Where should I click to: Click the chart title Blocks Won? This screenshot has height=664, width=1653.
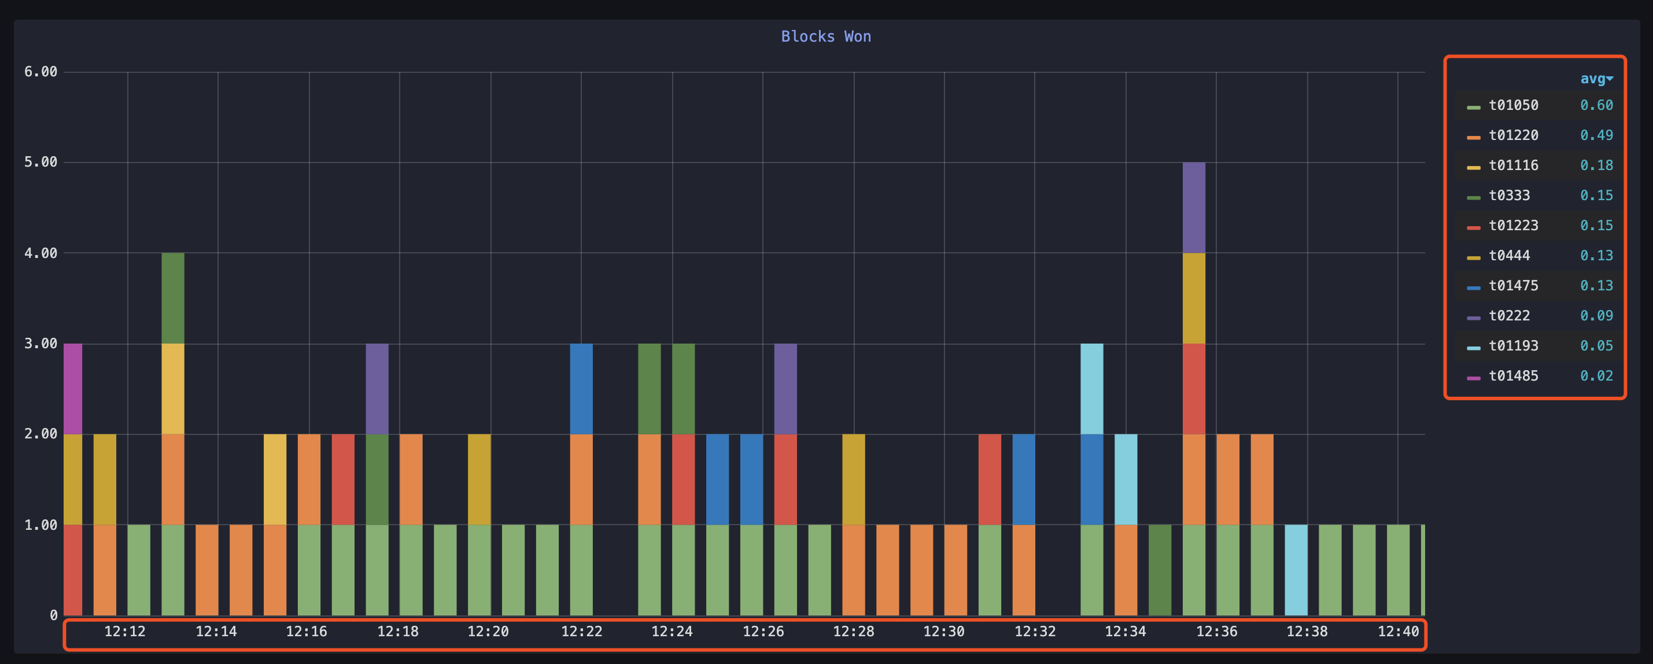(826, 36)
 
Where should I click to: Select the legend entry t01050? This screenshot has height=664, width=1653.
(1513, 105)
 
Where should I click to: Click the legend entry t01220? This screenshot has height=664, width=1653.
(1513, 135)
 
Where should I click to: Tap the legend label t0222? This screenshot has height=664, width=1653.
(1508, 316)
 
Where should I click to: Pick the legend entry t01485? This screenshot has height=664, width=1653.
(1513, 376)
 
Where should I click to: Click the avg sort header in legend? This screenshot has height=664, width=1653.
(1595, 79)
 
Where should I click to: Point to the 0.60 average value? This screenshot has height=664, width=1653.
(1596, 105)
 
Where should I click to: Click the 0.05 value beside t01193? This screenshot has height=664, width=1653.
(1596, 346)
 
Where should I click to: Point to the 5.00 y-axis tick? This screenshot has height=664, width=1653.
(40, 163)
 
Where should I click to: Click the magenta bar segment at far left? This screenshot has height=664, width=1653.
(72, 389)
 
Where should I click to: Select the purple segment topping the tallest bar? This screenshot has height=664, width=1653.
(1194, 207)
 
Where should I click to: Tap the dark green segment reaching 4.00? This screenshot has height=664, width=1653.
(172, 298)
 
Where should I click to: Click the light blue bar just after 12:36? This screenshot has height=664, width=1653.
(1296, 570)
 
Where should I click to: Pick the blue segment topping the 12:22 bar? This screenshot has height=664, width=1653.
(581, 389)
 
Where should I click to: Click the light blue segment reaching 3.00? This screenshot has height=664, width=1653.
(1091, 389)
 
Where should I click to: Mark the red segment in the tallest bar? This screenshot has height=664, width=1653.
(1194, 389)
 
